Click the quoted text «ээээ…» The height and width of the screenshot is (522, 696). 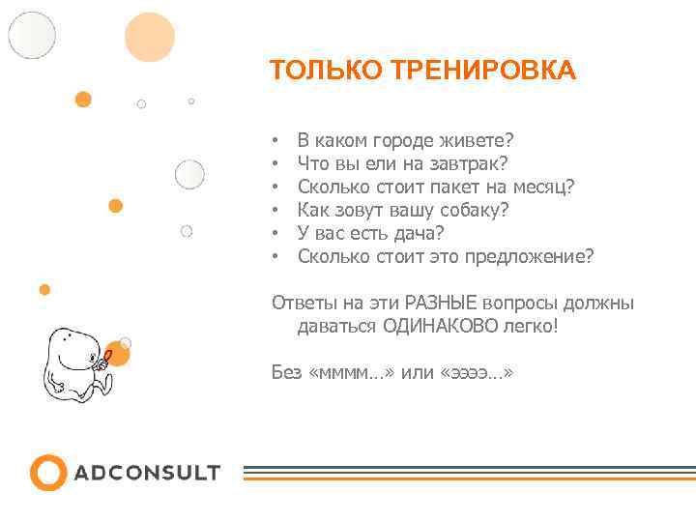(476, 372)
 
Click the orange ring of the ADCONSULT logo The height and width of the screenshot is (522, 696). (47, 473)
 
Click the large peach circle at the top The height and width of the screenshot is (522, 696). (150, 37)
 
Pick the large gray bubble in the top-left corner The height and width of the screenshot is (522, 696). (32, 35)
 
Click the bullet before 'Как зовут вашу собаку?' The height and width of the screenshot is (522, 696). (275, 210)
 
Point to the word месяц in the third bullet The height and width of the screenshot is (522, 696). (544, 187)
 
